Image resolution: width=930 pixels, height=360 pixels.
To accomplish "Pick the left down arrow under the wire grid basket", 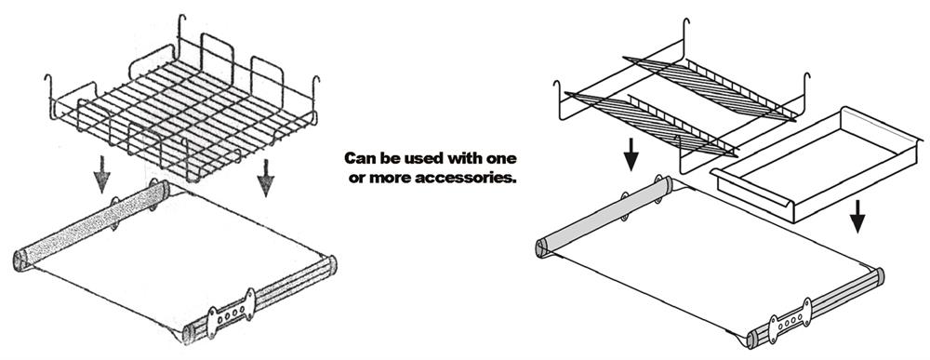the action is pyautogui.click(x=102, y=174).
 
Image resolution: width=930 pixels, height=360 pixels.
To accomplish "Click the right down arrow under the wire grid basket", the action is pyautogui.click(x=265, y=178).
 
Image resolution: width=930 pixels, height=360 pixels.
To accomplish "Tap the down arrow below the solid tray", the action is pyautogui.click(x=857, y=215).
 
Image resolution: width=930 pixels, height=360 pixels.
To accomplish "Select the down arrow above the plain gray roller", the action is pyautogui.click(x=631, y=154).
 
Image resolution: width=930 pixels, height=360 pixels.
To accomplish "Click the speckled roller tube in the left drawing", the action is pyautogui.click(x=91, y=225).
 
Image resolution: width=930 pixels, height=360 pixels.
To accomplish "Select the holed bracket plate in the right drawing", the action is pyautogui.click(x=789, y=321).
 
